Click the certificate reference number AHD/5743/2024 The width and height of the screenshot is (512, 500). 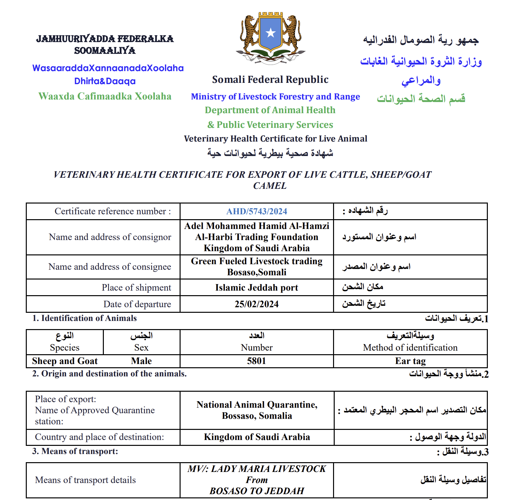coord(257,211)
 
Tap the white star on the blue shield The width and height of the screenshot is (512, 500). coord(271,33)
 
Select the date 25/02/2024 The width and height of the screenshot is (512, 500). coord(257,304)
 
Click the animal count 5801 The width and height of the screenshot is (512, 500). coord(257,361)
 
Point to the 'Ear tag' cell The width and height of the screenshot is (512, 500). coord(410,361)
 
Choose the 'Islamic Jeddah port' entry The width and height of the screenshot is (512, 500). coord(257,288)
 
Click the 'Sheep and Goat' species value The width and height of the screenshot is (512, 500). coord(65,361)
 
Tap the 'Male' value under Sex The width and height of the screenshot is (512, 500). coord(141,361)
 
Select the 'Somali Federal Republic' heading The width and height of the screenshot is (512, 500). coord(270,80)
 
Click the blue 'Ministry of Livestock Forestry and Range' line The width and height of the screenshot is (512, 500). coord(275,97)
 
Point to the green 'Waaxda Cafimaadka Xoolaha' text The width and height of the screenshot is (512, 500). coord(105,96)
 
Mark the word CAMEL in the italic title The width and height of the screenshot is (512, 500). coord(270,186)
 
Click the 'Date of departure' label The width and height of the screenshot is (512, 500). coord(137,304)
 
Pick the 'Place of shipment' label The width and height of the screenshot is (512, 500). coord(136,288)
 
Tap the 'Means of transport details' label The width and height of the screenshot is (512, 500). coord(85,480)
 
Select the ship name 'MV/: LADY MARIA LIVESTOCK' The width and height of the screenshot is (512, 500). coord(257,469)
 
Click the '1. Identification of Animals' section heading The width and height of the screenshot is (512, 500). coord(84,318)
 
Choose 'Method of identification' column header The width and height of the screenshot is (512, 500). coord(410,348)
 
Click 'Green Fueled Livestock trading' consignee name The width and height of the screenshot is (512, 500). coord(257,261)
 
